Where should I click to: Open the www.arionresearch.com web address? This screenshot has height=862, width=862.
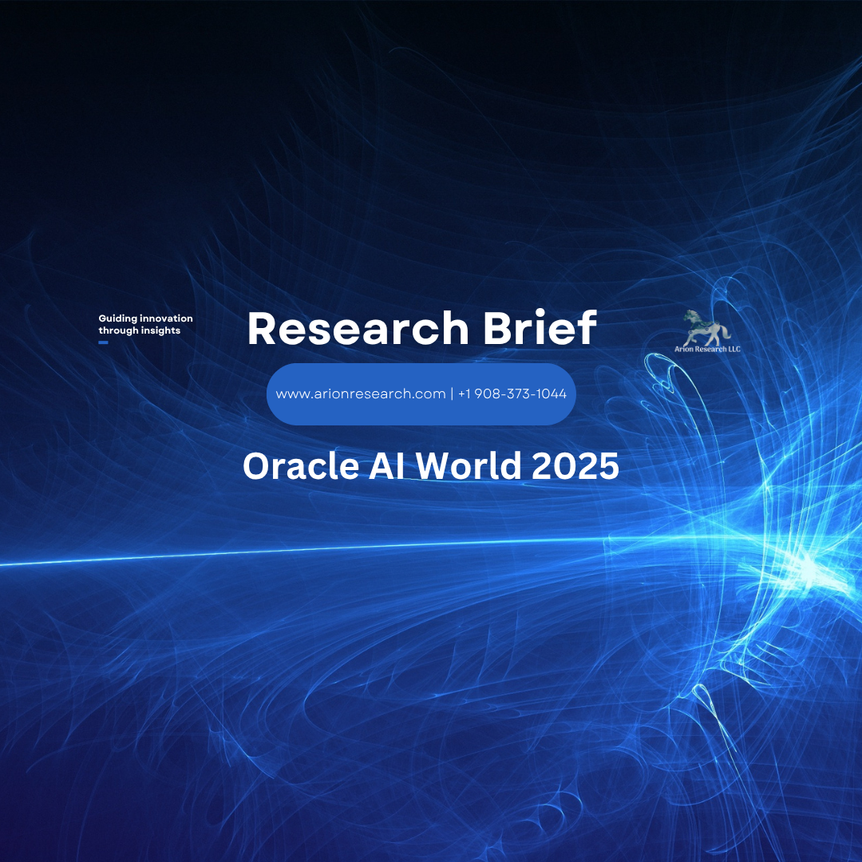(x=360, y=394)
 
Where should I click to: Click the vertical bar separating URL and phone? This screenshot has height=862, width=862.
(x=452, y=394)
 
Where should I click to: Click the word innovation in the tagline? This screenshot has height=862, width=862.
(x=166, y=318)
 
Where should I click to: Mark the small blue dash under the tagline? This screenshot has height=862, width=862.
(x=103, y=342)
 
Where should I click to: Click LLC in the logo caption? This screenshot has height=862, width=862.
(x=732, y=349)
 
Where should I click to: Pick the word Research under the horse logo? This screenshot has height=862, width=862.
(x=709, y=349)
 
